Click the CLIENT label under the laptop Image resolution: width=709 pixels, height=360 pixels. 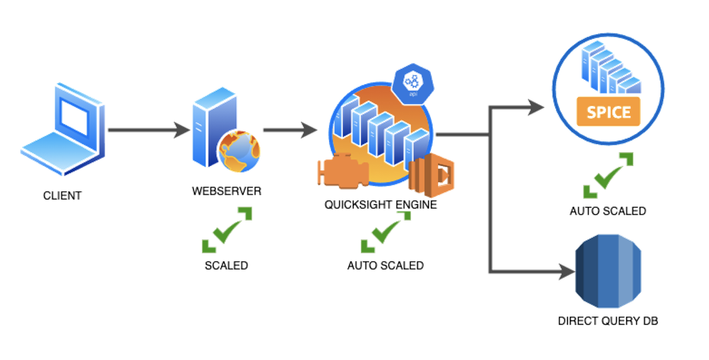pos(62,196)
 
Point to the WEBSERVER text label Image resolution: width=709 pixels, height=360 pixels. pos(226,192)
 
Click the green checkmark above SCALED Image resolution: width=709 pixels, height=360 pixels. pos(227,230)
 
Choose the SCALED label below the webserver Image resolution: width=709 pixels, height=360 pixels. pos(226,265)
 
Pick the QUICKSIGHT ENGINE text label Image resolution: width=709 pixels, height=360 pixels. pos(380,205)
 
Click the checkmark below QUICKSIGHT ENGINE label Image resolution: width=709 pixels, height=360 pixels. pos(385,232)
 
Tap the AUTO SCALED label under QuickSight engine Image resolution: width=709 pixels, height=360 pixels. pos(385,265)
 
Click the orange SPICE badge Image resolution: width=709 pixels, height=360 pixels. pos(608,112)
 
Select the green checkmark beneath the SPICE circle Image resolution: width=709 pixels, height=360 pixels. pos(608,175)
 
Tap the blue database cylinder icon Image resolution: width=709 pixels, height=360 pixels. pos(608,271)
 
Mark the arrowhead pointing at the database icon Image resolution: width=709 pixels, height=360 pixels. pos(566,272)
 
